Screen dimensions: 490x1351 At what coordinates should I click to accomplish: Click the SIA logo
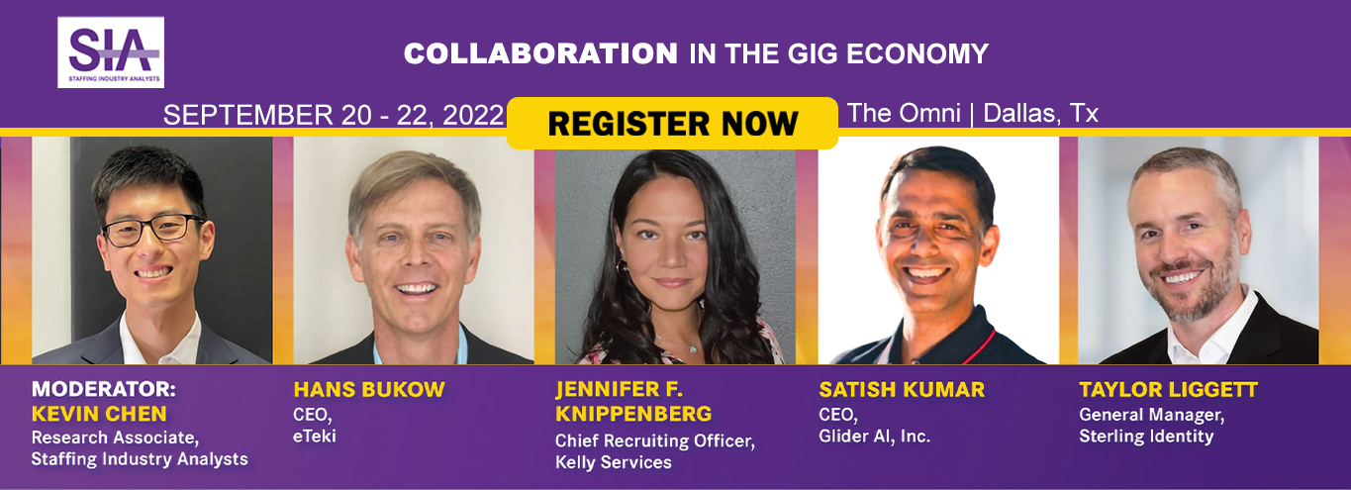click(111, 51)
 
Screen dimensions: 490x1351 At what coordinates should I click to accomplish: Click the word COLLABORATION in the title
click(540, 53)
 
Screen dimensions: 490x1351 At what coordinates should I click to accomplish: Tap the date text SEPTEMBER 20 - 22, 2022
click(334, 115)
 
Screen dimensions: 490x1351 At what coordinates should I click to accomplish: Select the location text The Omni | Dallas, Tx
click(973, 113)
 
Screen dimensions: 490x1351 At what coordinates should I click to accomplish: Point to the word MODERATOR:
click(97, 389)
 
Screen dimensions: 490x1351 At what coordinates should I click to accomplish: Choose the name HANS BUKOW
click(368, 389)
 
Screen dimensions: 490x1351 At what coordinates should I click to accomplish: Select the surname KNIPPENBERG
click(632, 413)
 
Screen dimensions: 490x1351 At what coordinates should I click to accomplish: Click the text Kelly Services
click(613, 462)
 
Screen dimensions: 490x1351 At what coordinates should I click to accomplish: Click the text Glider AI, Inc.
click(874, 436)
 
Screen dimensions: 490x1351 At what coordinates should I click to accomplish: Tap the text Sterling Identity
click(1146, 436)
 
